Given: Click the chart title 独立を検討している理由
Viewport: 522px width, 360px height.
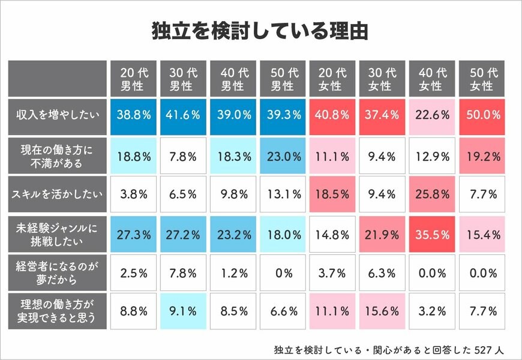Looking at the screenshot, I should pos(260,31).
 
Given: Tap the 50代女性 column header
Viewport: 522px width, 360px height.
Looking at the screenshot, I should pos(480,79).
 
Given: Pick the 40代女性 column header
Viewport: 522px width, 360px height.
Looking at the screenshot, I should pos(430,79).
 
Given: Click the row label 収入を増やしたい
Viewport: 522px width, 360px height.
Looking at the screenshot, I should pos(58,115).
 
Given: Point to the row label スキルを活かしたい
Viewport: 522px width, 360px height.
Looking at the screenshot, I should pos(58,194).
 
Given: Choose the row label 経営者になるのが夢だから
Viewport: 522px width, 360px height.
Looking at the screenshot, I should pos(58,272).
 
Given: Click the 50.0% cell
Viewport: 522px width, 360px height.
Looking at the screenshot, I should pos(480,115).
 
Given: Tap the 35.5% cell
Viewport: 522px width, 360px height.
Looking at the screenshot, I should pos(430,233).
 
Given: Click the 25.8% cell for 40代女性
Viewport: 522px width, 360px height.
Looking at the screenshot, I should pos(430,194).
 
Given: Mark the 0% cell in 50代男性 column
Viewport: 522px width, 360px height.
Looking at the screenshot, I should pos(281,272).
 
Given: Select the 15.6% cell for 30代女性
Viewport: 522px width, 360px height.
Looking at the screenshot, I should pos(380,312).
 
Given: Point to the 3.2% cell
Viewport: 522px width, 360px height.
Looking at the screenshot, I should pos(430,312).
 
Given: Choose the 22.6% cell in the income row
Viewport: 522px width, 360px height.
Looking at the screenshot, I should pos(430,115).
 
